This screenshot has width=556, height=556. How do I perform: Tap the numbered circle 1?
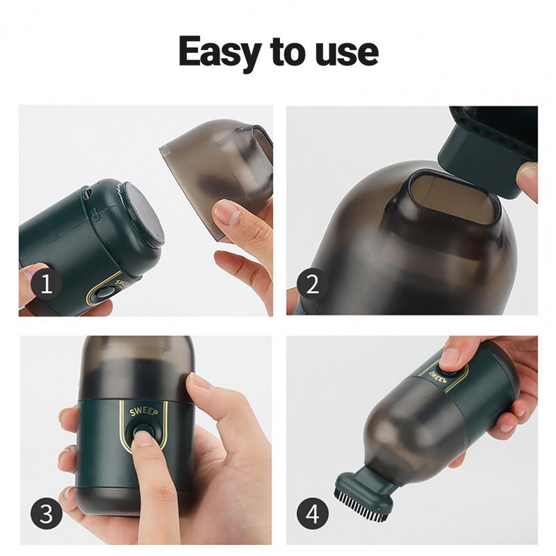47,284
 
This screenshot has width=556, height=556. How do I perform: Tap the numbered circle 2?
312,284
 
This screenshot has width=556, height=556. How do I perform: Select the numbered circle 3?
47,514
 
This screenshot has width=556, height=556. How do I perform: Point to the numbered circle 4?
312,514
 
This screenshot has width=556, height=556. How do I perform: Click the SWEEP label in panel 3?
143,411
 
